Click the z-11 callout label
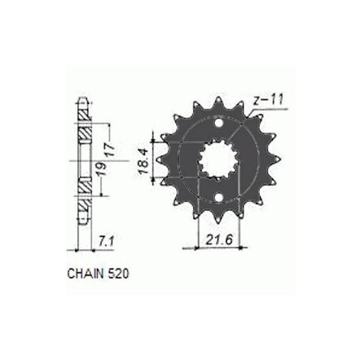point(268,99)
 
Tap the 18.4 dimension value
point(145,160)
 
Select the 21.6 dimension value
point(219,240)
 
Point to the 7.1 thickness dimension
point(106,242)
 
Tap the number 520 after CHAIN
point(118,274)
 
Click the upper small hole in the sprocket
point(219,123)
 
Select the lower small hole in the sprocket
point(219,197)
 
